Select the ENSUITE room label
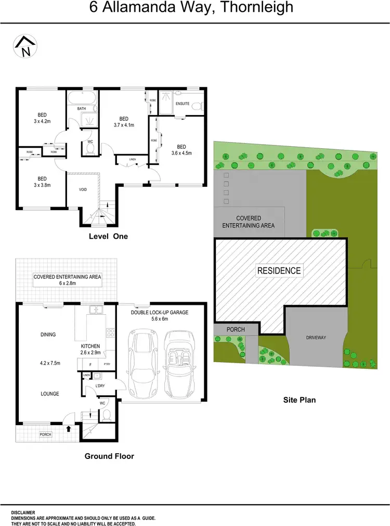coord(183,104)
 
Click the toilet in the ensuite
coord(197,106)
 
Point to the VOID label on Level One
coord(83,190)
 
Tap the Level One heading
coord(108,236)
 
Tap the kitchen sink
coord(96,310)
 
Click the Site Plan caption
coord(299,400)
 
